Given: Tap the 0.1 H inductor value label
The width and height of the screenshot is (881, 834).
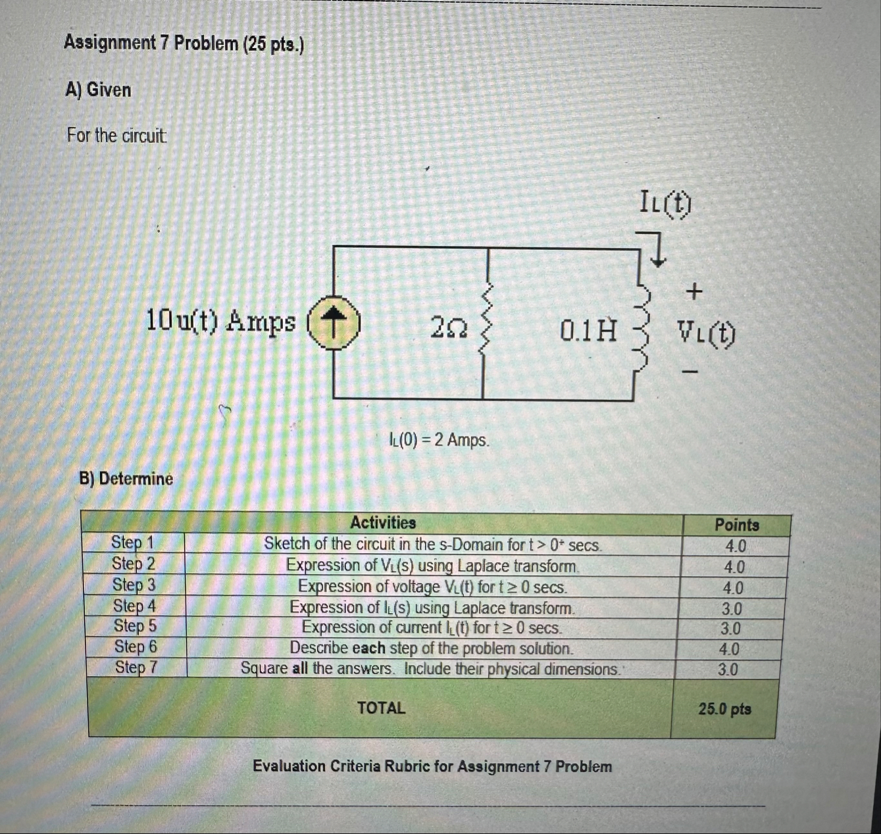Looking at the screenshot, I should coord(588,330).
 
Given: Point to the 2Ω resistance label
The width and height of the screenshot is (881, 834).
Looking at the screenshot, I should coord(449,327).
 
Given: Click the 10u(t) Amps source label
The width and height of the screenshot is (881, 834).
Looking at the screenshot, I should coord(220,321).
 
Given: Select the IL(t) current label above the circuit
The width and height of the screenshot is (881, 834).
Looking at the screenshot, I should coord(665,203).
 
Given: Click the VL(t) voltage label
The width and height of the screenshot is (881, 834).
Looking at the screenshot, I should coord(707,334).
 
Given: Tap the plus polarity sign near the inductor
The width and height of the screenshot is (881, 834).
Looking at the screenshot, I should coord(694,290).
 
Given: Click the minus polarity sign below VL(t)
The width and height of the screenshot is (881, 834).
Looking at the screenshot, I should coord(690,372).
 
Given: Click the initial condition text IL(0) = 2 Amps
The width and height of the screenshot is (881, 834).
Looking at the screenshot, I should coord(439,439).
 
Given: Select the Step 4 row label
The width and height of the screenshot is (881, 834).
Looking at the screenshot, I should coord(134,605).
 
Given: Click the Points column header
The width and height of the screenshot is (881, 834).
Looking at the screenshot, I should coord(737,525).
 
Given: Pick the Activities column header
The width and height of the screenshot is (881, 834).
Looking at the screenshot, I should coord(383,523).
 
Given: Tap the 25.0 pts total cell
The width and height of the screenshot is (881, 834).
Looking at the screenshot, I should coord(725,709).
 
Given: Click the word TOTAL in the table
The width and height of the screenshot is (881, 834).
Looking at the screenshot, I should coord(381,708).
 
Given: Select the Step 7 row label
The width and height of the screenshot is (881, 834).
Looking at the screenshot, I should coord(136,668).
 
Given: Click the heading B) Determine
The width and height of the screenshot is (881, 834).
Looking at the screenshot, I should coord(126,478).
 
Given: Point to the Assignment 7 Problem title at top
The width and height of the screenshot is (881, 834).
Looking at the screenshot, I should coord(184,44).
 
